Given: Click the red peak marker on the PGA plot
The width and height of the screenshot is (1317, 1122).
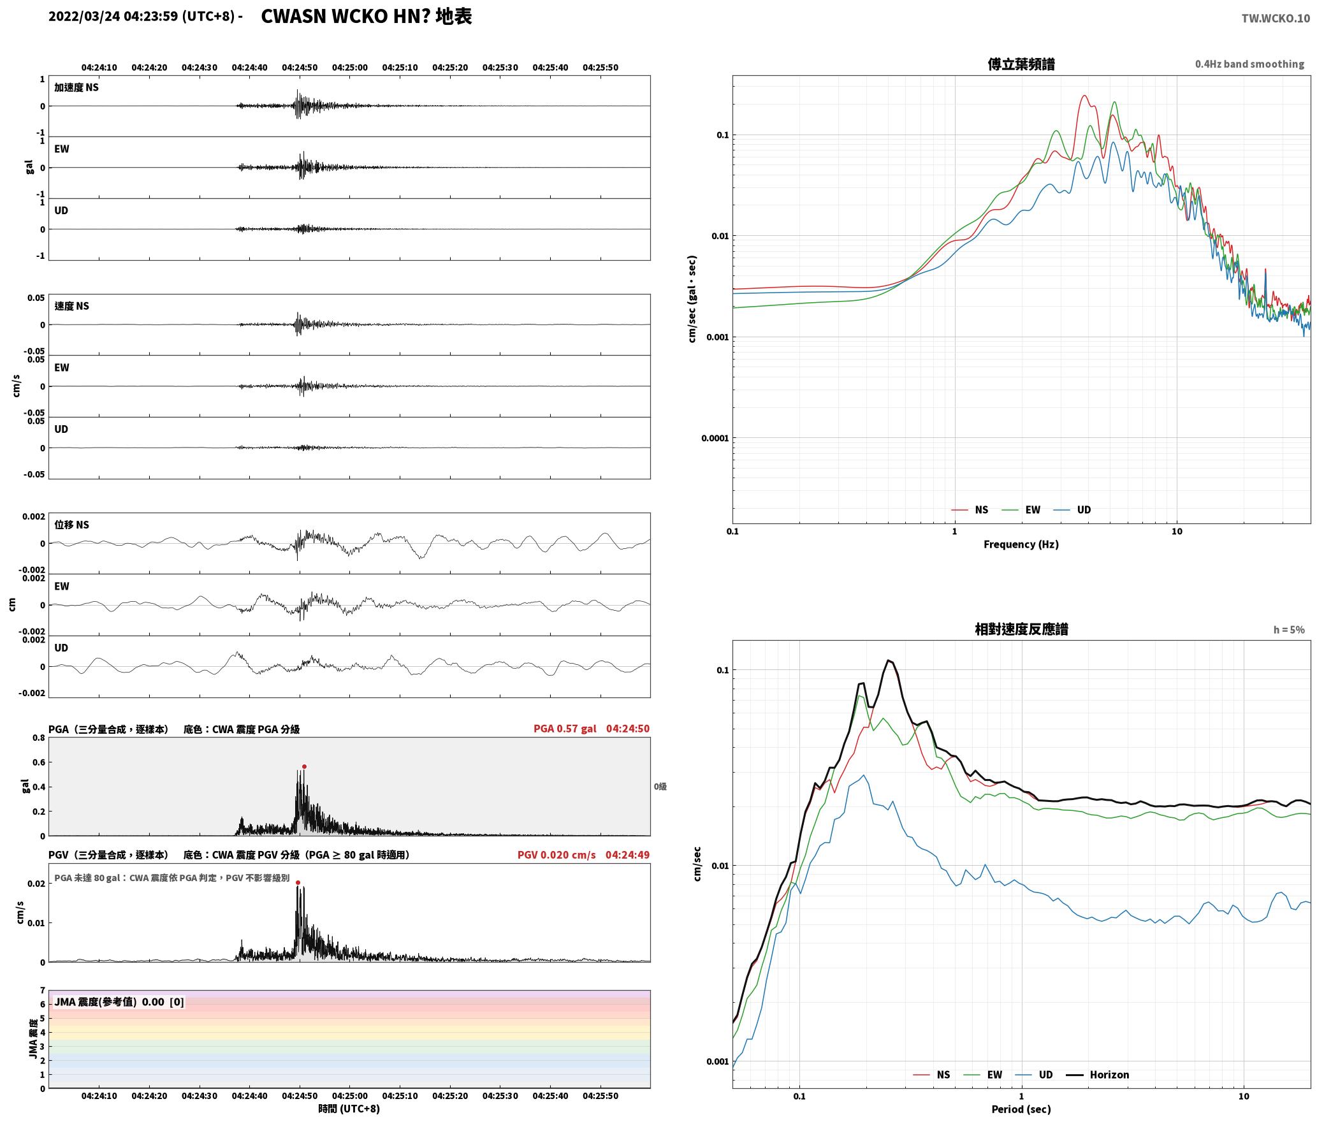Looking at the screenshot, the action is tap(304, 766).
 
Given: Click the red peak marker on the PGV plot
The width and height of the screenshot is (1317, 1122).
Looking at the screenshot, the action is tap(298, 882).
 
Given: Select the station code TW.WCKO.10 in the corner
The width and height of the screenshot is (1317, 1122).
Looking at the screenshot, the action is tap(1276, 18).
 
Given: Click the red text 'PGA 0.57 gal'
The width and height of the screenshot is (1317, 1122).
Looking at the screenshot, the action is tap(565, 729).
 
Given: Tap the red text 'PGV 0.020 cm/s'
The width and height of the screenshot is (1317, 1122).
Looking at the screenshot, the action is tap(557, 855).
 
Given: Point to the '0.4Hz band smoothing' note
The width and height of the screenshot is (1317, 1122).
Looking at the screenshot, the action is tap(1249, 64).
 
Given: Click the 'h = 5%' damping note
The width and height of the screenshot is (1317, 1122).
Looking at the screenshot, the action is tap(1289, 630).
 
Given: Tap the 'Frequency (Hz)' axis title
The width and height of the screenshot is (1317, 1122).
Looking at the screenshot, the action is tap(1021, 544).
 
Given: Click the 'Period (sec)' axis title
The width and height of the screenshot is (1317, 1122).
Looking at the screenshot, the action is tap(1021, 1109).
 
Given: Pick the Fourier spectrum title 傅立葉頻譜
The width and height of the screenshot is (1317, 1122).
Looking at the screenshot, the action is tap(1021, 64).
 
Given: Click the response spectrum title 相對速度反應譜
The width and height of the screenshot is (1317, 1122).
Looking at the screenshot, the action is tap(1021, 629).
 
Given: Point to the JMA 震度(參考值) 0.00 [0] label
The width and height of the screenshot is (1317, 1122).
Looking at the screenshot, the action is tap(119, 1002).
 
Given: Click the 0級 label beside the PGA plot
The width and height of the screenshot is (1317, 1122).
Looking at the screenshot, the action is tap(660, 787).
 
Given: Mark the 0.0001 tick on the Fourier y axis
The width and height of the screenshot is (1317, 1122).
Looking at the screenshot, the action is tap(715, 438).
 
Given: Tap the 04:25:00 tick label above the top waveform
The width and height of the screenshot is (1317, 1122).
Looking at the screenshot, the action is tap(349, 67).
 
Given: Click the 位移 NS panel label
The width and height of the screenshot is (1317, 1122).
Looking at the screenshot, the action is tap(71, 525).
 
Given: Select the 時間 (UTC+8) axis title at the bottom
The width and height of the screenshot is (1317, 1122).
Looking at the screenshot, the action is tap(349, 1109).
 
